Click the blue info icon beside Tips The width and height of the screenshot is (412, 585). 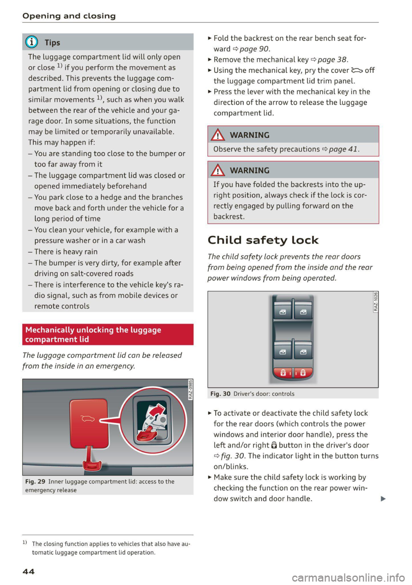pos(32,42)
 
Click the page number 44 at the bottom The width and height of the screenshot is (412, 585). pos(28,571)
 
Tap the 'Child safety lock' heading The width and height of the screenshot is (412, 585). pos(263,240)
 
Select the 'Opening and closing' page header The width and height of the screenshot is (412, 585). pos(69,16)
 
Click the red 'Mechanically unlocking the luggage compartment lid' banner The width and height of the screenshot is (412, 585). pos(108,334)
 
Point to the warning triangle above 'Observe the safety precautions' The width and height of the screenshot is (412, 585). pos(218,135)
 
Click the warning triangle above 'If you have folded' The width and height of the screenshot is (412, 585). pos(218,170)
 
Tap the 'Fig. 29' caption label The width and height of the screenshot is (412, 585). pos(35,482)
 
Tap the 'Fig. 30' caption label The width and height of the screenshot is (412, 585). pos(220,394)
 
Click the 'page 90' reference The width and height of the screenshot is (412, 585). pos(254,49)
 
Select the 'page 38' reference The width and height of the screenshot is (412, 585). pos(332,60)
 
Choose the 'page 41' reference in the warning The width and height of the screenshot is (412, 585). pos(343,149)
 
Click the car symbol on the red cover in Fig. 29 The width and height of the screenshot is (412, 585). pos(88,418)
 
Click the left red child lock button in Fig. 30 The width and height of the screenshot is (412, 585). pos(283,373)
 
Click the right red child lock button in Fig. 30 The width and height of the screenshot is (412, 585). pos(303,373)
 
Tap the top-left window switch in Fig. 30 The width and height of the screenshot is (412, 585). pos(283,311)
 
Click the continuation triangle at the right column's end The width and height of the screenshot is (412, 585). pos(383,499)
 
